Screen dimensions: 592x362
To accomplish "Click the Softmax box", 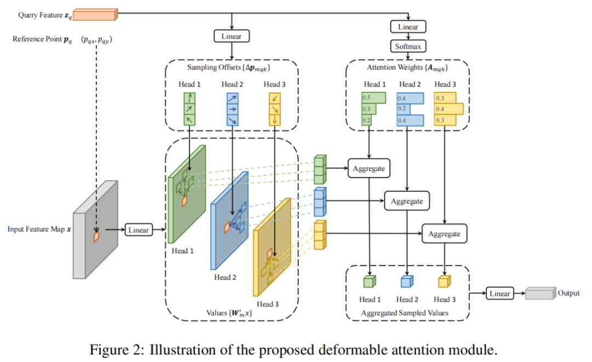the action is (408, 47).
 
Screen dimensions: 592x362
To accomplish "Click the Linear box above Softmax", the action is (408, 27).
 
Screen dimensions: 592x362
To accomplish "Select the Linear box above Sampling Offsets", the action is (231, 36).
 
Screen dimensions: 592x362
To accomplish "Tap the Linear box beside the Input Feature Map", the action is (139, 229).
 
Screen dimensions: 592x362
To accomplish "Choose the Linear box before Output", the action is (499, 294).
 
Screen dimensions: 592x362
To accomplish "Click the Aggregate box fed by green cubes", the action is (368, 168).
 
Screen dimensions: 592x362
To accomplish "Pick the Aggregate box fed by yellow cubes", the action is (445, 234).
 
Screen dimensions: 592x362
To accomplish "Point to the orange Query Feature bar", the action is (95, 14).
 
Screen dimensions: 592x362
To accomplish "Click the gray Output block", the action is (540, 293).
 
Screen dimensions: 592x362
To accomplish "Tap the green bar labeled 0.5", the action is (373, 97).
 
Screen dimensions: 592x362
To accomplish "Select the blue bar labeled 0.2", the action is (403, 109).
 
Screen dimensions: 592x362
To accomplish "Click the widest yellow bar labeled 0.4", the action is (448, 109).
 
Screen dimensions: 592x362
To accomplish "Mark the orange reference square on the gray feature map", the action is (96, 237).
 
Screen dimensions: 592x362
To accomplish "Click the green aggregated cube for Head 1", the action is (369, 281).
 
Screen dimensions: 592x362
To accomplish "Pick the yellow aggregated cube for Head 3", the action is (445, 281).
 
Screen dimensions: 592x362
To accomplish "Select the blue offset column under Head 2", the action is (232, 110).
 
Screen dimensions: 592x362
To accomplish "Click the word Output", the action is (568, 293).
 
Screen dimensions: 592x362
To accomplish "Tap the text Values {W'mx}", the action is (229, 313).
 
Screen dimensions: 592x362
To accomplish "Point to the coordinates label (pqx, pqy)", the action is (96, 40).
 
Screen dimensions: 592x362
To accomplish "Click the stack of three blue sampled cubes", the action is (320, 202).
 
